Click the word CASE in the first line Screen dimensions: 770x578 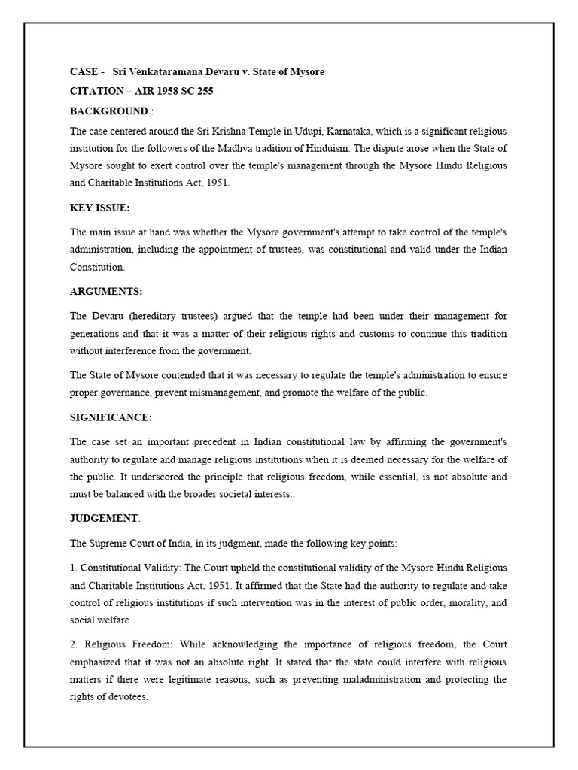pos(83,72)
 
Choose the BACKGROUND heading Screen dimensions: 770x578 pos(108,111)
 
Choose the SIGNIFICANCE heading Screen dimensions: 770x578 pos(111,417)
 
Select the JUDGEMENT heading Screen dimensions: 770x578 pos(104,518)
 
